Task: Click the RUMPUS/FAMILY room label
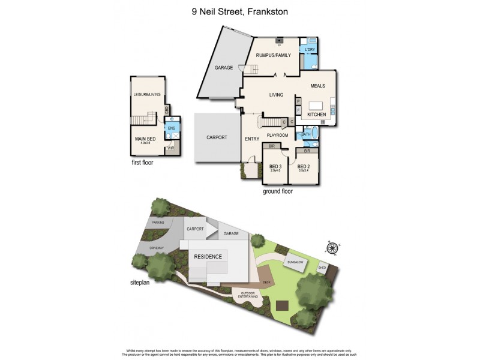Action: (x=273, y=55)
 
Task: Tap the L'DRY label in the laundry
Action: (x=310, y=49)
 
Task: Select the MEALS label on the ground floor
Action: (x=317, y=86)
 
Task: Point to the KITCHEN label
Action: (x=316, y=113)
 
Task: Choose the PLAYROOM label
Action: (x=278, y=135)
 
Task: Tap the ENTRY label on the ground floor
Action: (x=252, y=139)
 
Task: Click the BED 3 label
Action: (x=275, y=166)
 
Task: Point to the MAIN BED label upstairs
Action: (x=145, y=139)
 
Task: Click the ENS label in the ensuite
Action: (x=172, y=128)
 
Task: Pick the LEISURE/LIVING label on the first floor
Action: (x=147, y=94)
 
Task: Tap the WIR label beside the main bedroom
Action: (x=171, y=147)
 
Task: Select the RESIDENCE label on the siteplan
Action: (x=208, y=257)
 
